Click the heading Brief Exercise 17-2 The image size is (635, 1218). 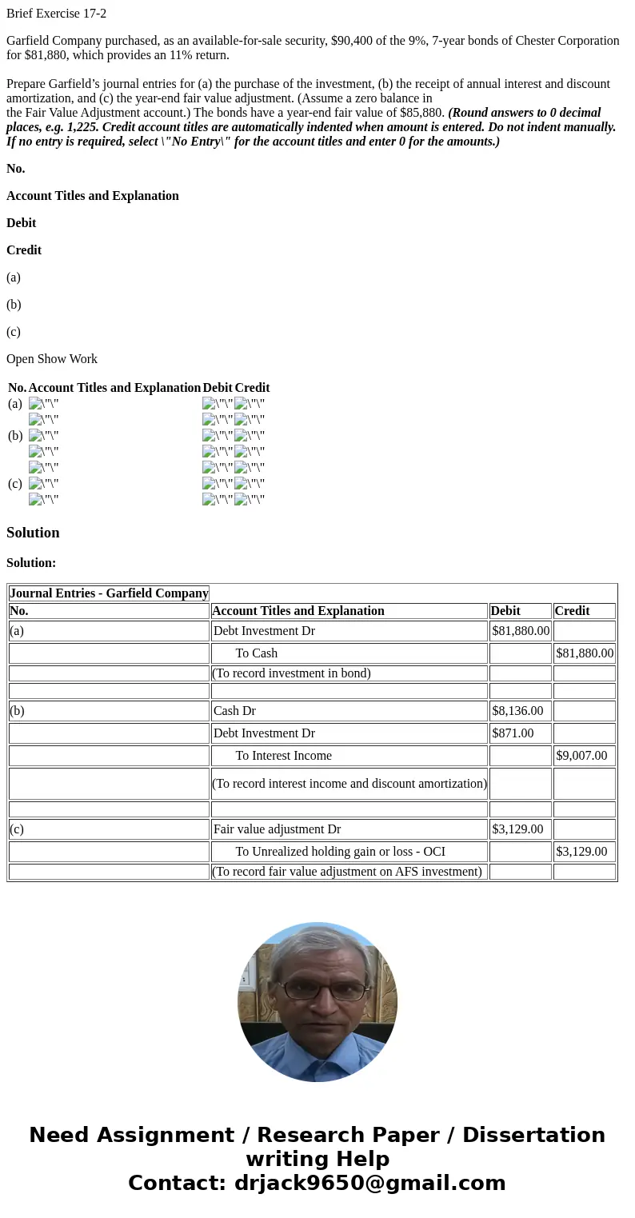pos(56,14)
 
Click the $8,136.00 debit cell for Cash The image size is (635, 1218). pos(517,711)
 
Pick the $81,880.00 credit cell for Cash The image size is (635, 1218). pos(585,653)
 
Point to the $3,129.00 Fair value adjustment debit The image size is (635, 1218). pos(517,829)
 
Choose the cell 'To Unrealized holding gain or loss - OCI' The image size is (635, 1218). pos(340,852)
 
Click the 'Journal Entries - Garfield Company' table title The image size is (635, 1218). pos(109,593)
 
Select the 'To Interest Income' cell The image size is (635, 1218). pos(283,756)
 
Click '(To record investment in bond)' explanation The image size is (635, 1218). pos(291,673)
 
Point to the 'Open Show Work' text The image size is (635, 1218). pos(52,359)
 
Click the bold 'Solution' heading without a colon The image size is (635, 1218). pos(33,533)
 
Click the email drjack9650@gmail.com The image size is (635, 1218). pos(369,1183)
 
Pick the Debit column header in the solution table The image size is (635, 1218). pos(505,611)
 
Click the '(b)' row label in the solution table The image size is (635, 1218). pos(17,711)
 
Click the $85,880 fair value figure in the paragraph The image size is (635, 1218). pos(422,113)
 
